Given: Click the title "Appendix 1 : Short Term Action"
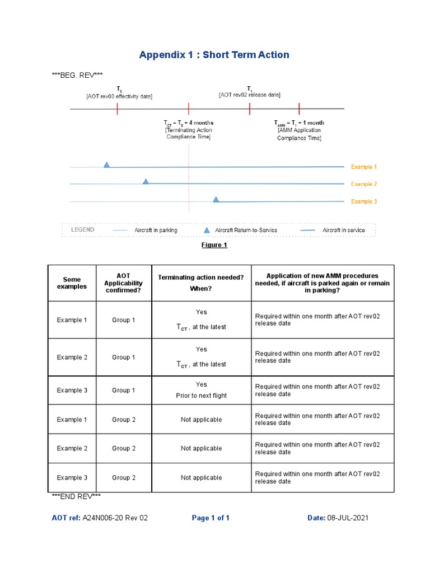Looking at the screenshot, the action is click(x=214, y=55).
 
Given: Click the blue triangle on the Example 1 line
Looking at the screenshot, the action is click(x=106, y=165).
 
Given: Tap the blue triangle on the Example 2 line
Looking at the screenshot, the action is click(x=146, y=181).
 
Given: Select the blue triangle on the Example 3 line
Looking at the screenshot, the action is click(x=216, y=199).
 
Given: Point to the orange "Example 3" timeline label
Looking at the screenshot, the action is click(x=364, y=201).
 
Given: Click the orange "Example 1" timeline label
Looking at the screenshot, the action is click(x=364, y=167).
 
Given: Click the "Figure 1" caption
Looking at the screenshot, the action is click(x=214, y=245).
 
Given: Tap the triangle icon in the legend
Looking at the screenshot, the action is click(x=207, y=230).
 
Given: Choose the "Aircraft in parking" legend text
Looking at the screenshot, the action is click(x=156, y=230).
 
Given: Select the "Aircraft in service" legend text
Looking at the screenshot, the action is click(x=344, y=230).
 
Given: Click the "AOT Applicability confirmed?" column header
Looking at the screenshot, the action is click(x=123, y=283).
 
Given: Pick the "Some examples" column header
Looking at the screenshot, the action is click(x=72, y=283).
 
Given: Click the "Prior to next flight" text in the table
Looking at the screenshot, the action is click(x=202, y=396).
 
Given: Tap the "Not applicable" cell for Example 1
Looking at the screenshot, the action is click(x=202, y=420).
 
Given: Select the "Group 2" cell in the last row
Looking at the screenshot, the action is click(x=124, y=478).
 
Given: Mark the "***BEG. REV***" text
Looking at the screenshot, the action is click(x=77, y=75).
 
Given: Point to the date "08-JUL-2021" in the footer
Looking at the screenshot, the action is click(x=348, y=518).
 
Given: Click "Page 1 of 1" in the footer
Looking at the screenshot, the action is click(x=211, y=518).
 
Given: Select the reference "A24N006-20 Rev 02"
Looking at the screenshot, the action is click(x=115, y=518).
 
